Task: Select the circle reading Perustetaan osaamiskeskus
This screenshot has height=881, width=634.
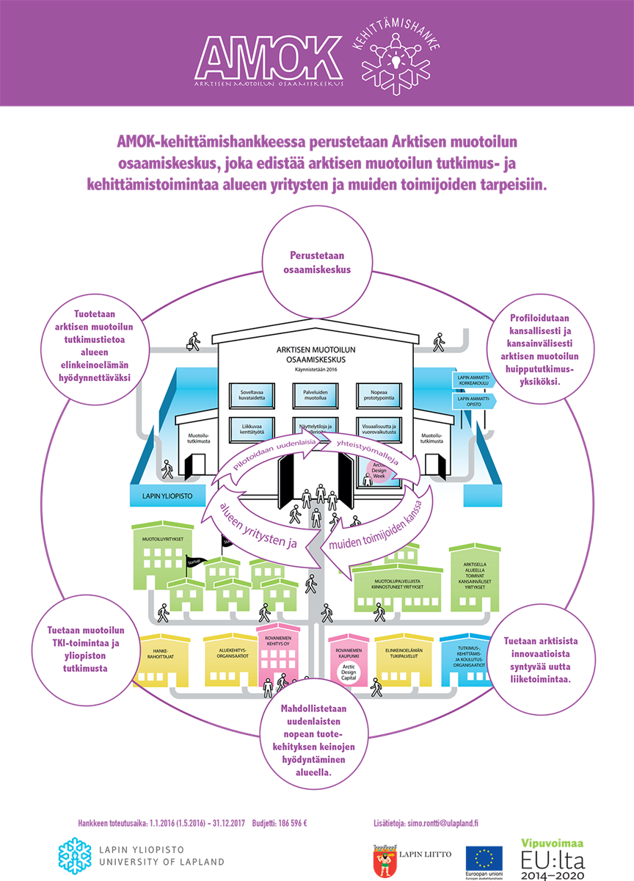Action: click(317, 262)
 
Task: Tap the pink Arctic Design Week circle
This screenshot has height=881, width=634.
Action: click(382, 470)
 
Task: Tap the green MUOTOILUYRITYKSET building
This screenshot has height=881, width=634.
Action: click(157, 550)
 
